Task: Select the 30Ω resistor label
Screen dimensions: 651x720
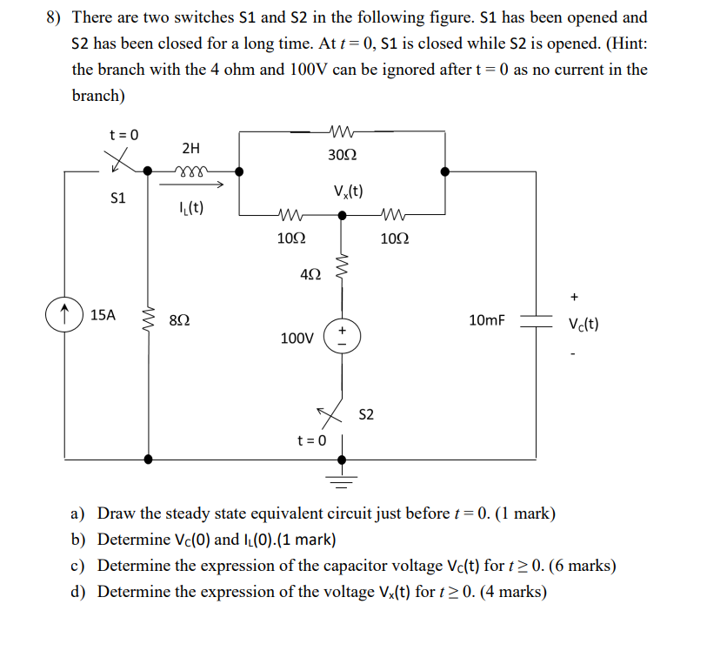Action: (342, 155)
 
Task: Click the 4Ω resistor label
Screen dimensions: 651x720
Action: (310, 276)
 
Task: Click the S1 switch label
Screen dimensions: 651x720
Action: (118, 198)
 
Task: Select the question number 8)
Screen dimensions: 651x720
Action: (56, 17)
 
